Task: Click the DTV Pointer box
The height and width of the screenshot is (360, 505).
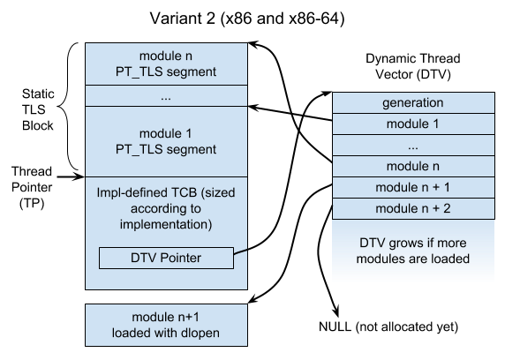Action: click(x=166, y=258)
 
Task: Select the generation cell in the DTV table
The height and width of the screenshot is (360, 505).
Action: click(x=412, y=102)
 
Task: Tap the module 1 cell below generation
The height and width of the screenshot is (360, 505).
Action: click(x=412, y=124)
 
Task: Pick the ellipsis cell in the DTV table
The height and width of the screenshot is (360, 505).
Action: click(x=412, y=145)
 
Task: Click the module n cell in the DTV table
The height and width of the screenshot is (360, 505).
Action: click(x=412, y=166)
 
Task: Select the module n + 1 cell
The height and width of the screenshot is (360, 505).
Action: click(x=412, y=187)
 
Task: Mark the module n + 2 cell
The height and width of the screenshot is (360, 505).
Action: click(x=412, y=208)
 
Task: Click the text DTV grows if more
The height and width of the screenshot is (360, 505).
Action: click(x=412, y=244)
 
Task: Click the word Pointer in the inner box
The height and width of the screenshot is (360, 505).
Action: click(x=184, y=258)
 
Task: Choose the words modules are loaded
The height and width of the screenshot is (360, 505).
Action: click(x=412, y=259)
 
